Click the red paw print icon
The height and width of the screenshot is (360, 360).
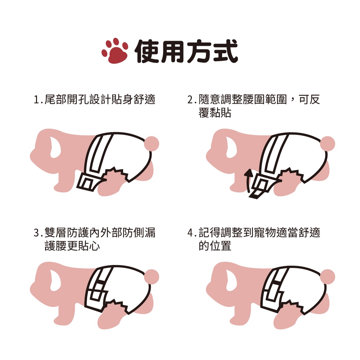[115, 51]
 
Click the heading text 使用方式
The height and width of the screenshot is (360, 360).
[186, 51]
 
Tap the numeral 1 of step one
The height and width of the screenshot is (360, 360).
[36, 100]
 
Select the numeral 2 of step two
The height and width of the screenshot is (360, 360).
[190, 100]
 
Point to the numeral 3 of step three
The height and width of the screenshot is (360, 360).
[36, 233]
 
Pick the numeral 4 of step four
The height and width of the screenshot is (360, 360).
[190, 233]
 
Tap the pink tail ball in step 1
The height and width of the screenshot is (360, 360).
[152, 144]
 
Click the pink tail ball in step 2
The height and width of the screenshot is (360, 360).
[327, 144]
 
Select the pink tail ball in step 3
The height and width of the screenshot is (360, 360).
[152, 276]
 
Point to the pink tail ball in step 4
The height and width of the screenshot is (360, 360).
[327, 276]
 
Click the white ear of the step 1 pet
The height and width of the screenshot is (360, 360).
[55, 147]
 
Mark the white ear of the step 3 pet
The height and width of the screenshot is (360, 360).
[55, 280]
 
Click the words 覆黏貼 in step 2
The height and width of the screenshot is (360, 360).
[215, 113]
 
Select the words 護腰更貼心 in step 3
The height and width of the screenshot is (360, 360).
[72, 246]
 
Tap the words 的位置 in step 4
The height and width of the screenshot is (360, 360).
[215, 246]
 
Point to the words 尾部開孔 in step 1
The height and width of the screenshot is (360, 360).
[67, 100]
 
